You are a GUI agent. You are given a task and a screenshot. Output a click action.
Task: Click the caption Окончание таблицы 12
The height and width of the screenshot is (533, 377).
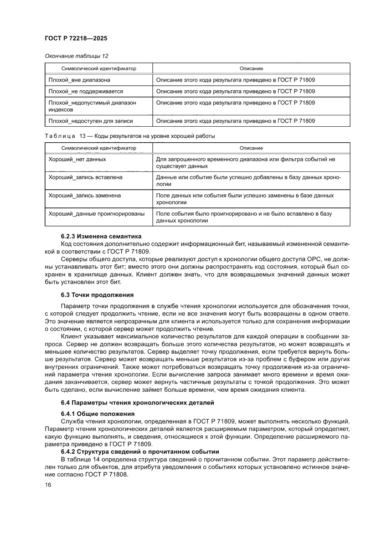tap(77, 56)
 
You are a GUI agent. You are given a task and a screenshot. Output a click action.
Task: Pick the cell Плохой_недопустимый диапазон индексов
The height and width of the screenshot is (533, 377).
tap(92, 106)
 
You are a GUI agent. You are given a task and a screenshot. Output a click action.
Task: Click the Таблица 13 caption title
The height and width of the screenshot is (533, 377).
tap(130, 136)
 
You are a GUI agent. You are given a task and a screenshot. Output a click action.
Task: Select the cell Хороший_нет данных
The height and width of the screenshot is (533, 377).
tap(77, 159)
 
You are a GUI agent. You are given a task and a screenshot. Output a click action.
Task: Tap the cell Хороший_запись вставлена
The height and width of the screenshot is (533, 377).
tap(85, 177)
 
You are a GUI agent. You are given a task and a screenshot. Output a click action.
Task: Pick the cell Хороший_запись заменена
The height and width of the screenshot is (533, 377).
tap(85, 195)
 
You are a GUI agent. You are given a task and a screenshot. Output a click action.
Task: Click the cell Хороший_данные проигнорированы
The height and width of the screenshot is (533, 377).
tap(97, 213)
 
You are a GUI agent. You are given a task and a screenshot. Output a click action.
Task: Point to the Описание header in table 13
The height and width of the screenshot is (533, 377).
tap(251, 148)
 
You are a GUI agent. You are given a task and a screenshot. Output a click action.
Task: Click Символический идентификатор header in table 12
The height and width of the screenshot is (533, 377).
tap(98, 68)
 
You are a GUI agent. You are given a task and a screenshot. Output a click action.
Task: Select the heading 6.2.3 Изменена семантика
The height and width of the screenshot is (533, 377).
tap(102, 236)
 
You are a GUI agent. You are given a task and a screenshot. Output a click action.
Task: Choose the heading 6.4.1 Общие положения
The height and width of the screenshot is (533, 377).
tap(98, 414)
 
